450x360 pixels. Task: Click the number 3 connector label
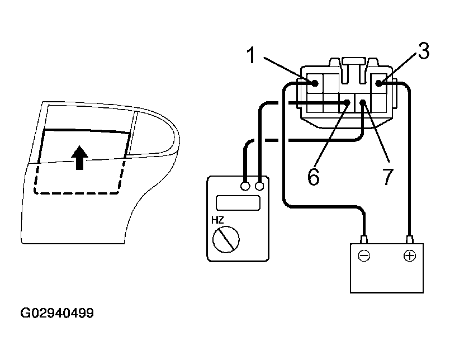coord(423,51)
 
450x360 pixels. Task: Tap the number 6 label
coord(314,176)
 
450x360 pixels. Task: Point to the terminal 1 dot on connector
coord(315,83)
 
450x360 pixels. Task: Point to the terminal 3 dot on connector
coord(379,83)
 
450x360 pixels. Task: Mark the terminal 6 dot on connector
coord(347,102)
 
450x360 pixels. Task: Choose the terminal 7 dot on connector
coord(363,102)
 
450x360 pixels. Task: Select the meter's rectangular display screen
coord(238,202)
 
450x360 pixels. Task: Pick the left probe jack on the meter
coord(245,186)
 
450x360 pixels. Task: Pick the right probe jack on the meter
coord(259,186)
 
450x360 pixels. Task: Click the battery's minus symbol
coord(364,257)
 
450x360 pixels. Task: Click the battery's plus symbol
coord(410,257)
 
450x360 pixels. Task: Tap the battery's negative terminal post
coord(364,239)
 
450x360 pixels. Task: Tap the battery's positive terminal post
coord(410,239)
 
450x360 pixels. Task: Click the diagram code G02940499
coord(57,313)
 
